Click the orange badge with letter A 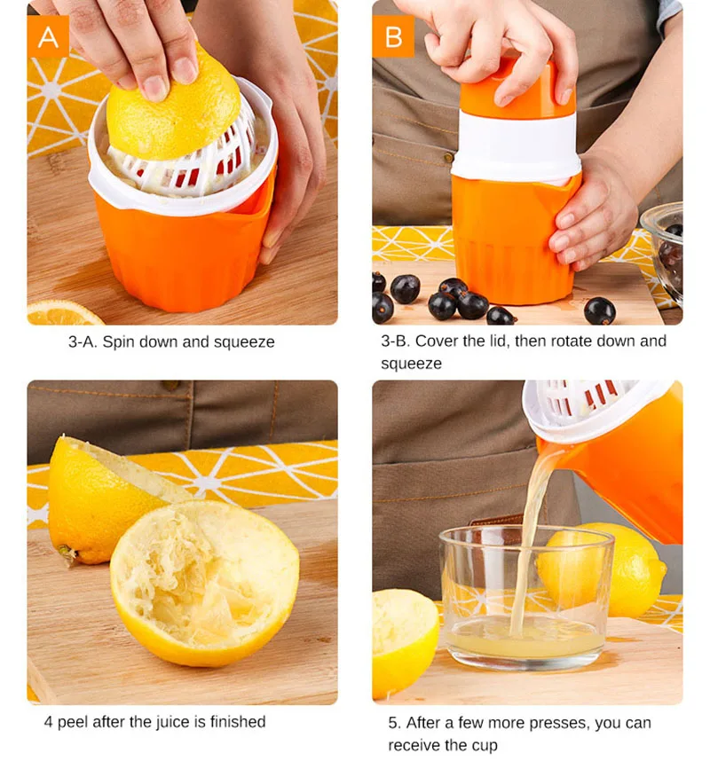(x=48, y=36)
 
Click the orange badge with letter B (x=393, y=36)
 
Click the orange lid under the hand (x=517, y=89)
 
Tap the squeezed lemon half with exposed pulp (x=205, y=583)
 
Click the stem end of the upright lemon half (x=67, y=553)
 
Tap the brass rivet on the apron (x=448, y=157)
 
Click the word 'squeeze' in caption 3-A (x=244, y=342)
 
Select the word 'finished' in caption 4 (x=238, y=721)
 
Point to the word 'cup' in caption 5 (x=485, y=746)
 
